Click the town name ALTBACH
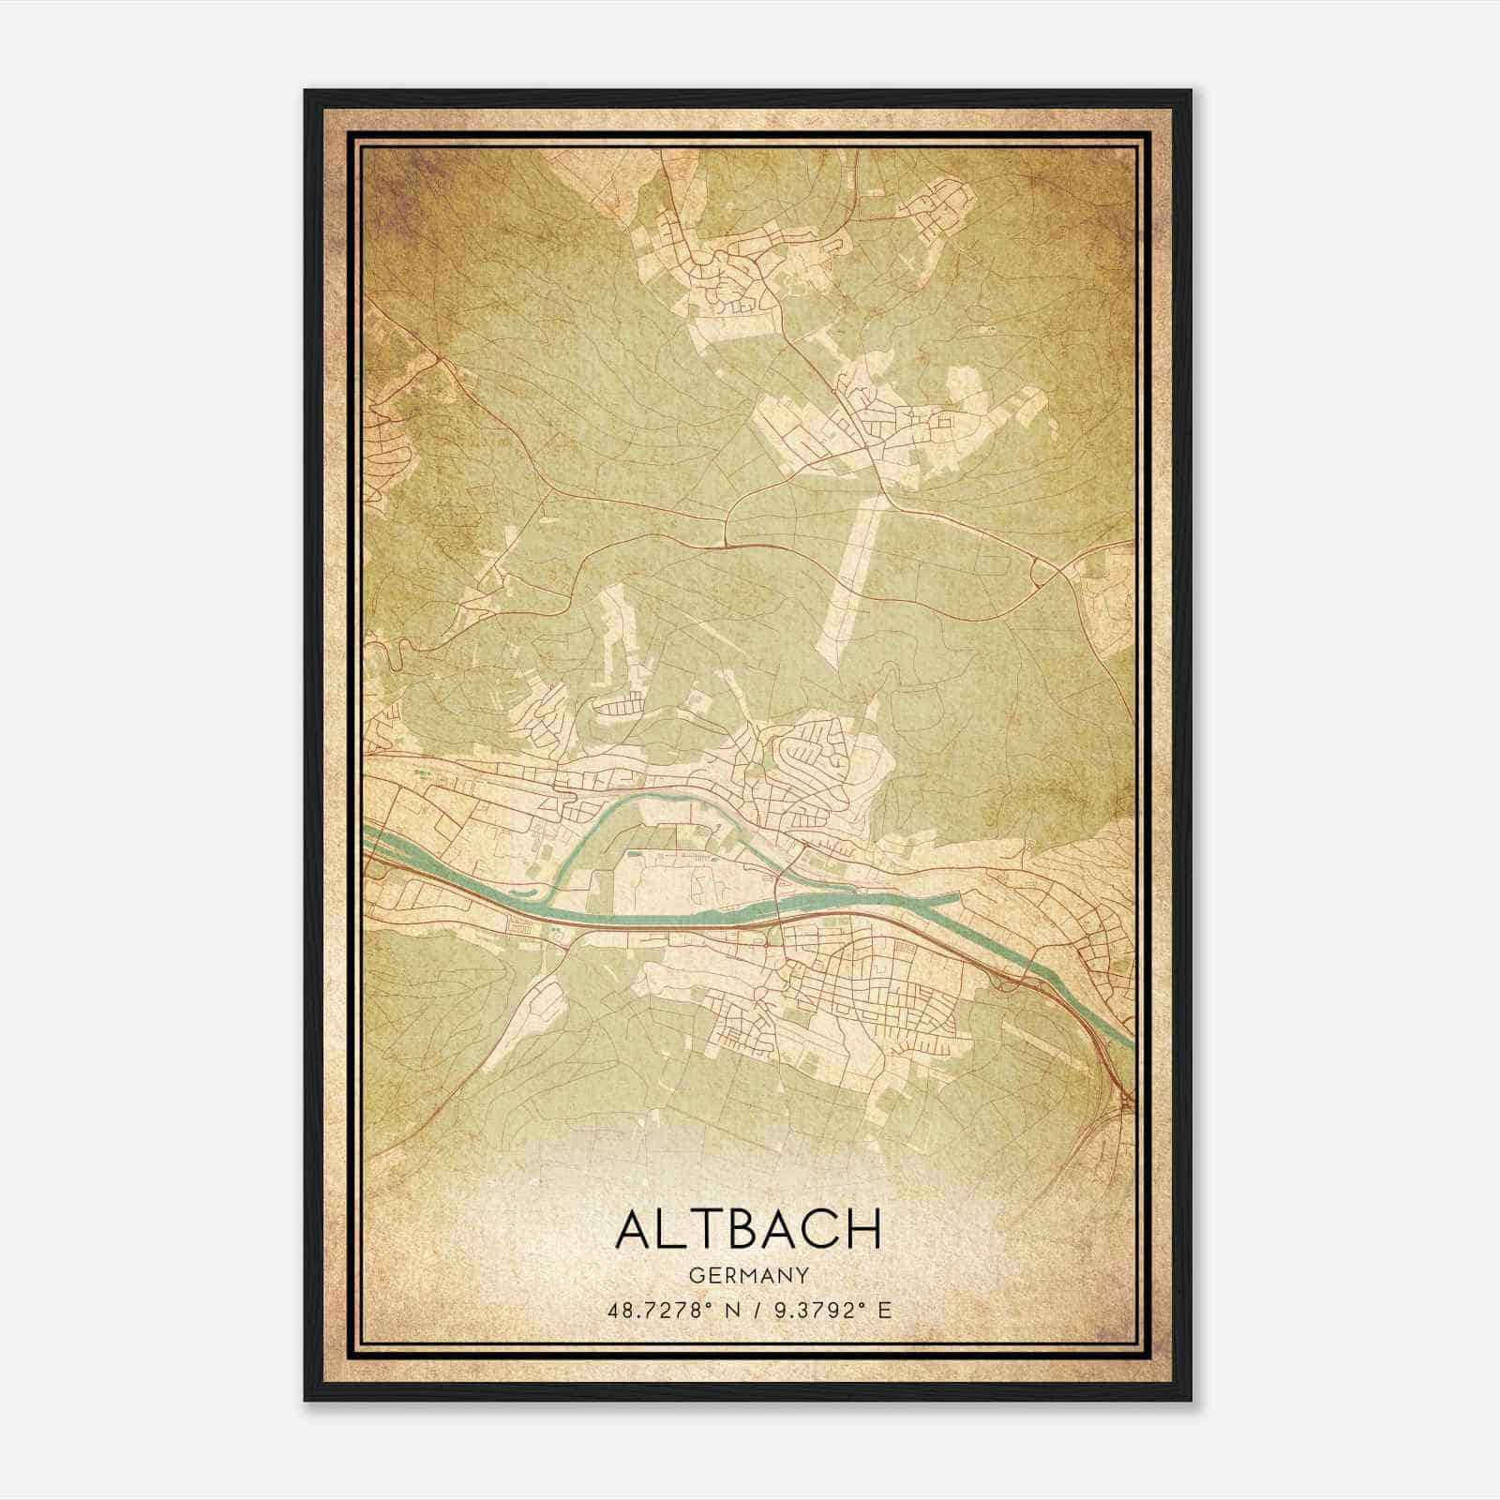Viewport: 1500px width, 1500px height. click(x=748, y=1229)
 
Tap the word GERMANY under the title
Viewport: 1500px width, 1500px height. click(x=748, y=1275)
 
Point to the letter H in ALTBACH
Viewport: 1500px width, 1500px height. click(x=862, y=1229)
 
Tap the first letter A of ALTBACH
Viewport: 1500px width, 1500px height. click(x=634, y=1229)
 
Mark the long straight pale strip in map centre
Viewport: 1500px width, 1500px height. click(x=849, y=581)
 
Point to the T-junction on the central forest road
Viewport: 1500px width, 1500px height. click(x=727, y=541)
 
